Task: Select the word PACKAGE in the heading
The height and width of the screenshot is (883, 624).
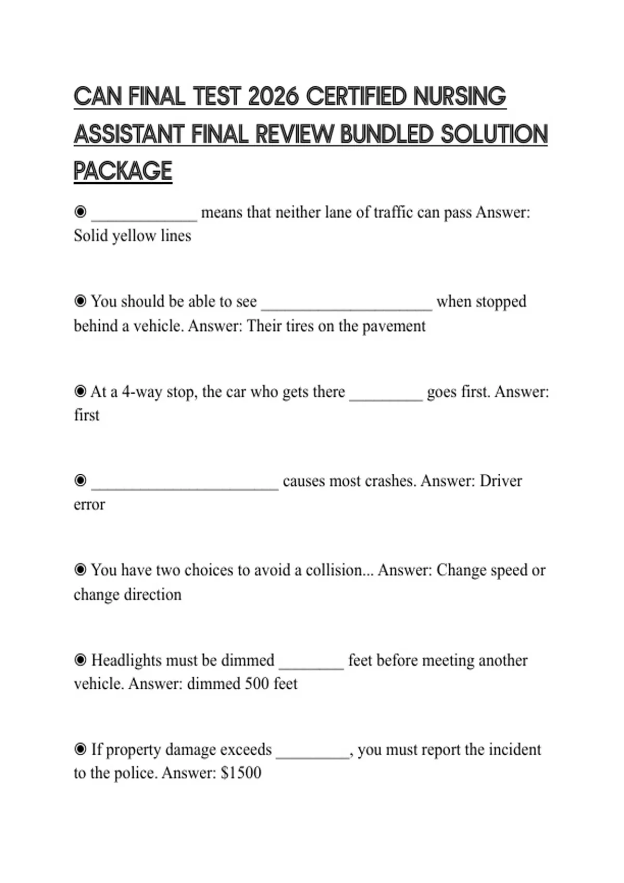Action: click(x=123, y=171)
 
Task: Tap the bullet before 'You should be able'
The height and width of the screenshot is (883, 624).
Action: click(x=80, y=301)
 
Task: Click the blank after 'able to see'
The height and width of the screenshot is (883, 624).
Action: click(x=346, y=303)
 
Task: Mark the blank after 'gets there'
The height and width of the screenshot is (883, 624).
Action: click(x=386, y=394)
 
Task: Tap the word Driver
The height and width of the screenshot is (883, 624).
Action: click(x=500, y=481)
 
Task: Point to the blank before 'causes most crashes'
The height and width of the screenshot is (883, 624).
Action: click(x=185, y=483)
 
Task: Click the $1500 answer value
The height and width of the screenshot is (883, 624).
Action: click(x=241, y=773)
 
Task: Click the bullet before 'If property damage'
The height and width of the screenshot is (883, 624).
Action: click(x=80, y=749)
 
